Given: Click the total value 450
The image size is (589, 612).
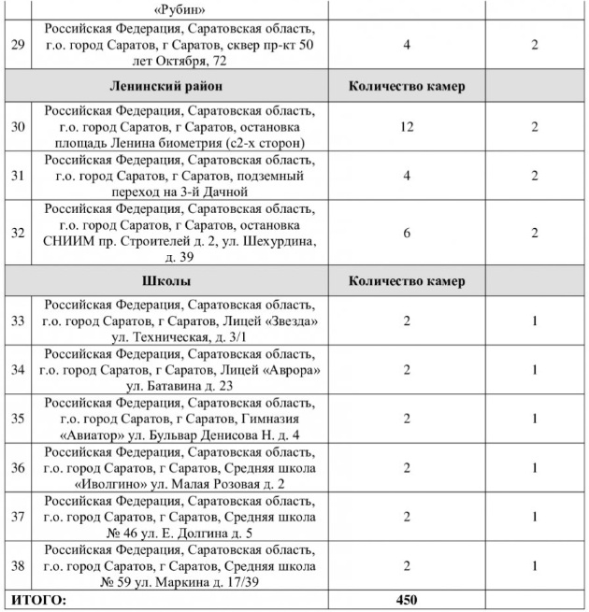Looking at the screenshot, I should pos(407,599).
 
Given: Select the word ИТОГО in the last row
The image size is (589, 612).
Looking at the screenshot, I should pos(37,599).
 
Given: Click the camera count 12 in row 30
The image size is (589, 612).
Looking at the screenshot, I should pos(407,126).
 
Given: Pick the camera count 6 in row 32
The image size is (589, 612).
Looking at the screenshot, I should pos(407,234).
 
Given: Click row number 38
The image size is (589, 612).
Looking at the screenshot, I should pos(17,566).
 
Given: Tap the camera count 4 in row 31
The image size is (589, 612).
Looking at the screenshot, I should pos(407,177).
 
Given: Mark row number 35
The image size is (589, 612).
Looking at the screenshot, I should pos(17,419).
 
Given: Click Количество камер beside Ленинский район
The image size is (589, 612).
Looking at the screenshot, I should pos(407,87).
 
